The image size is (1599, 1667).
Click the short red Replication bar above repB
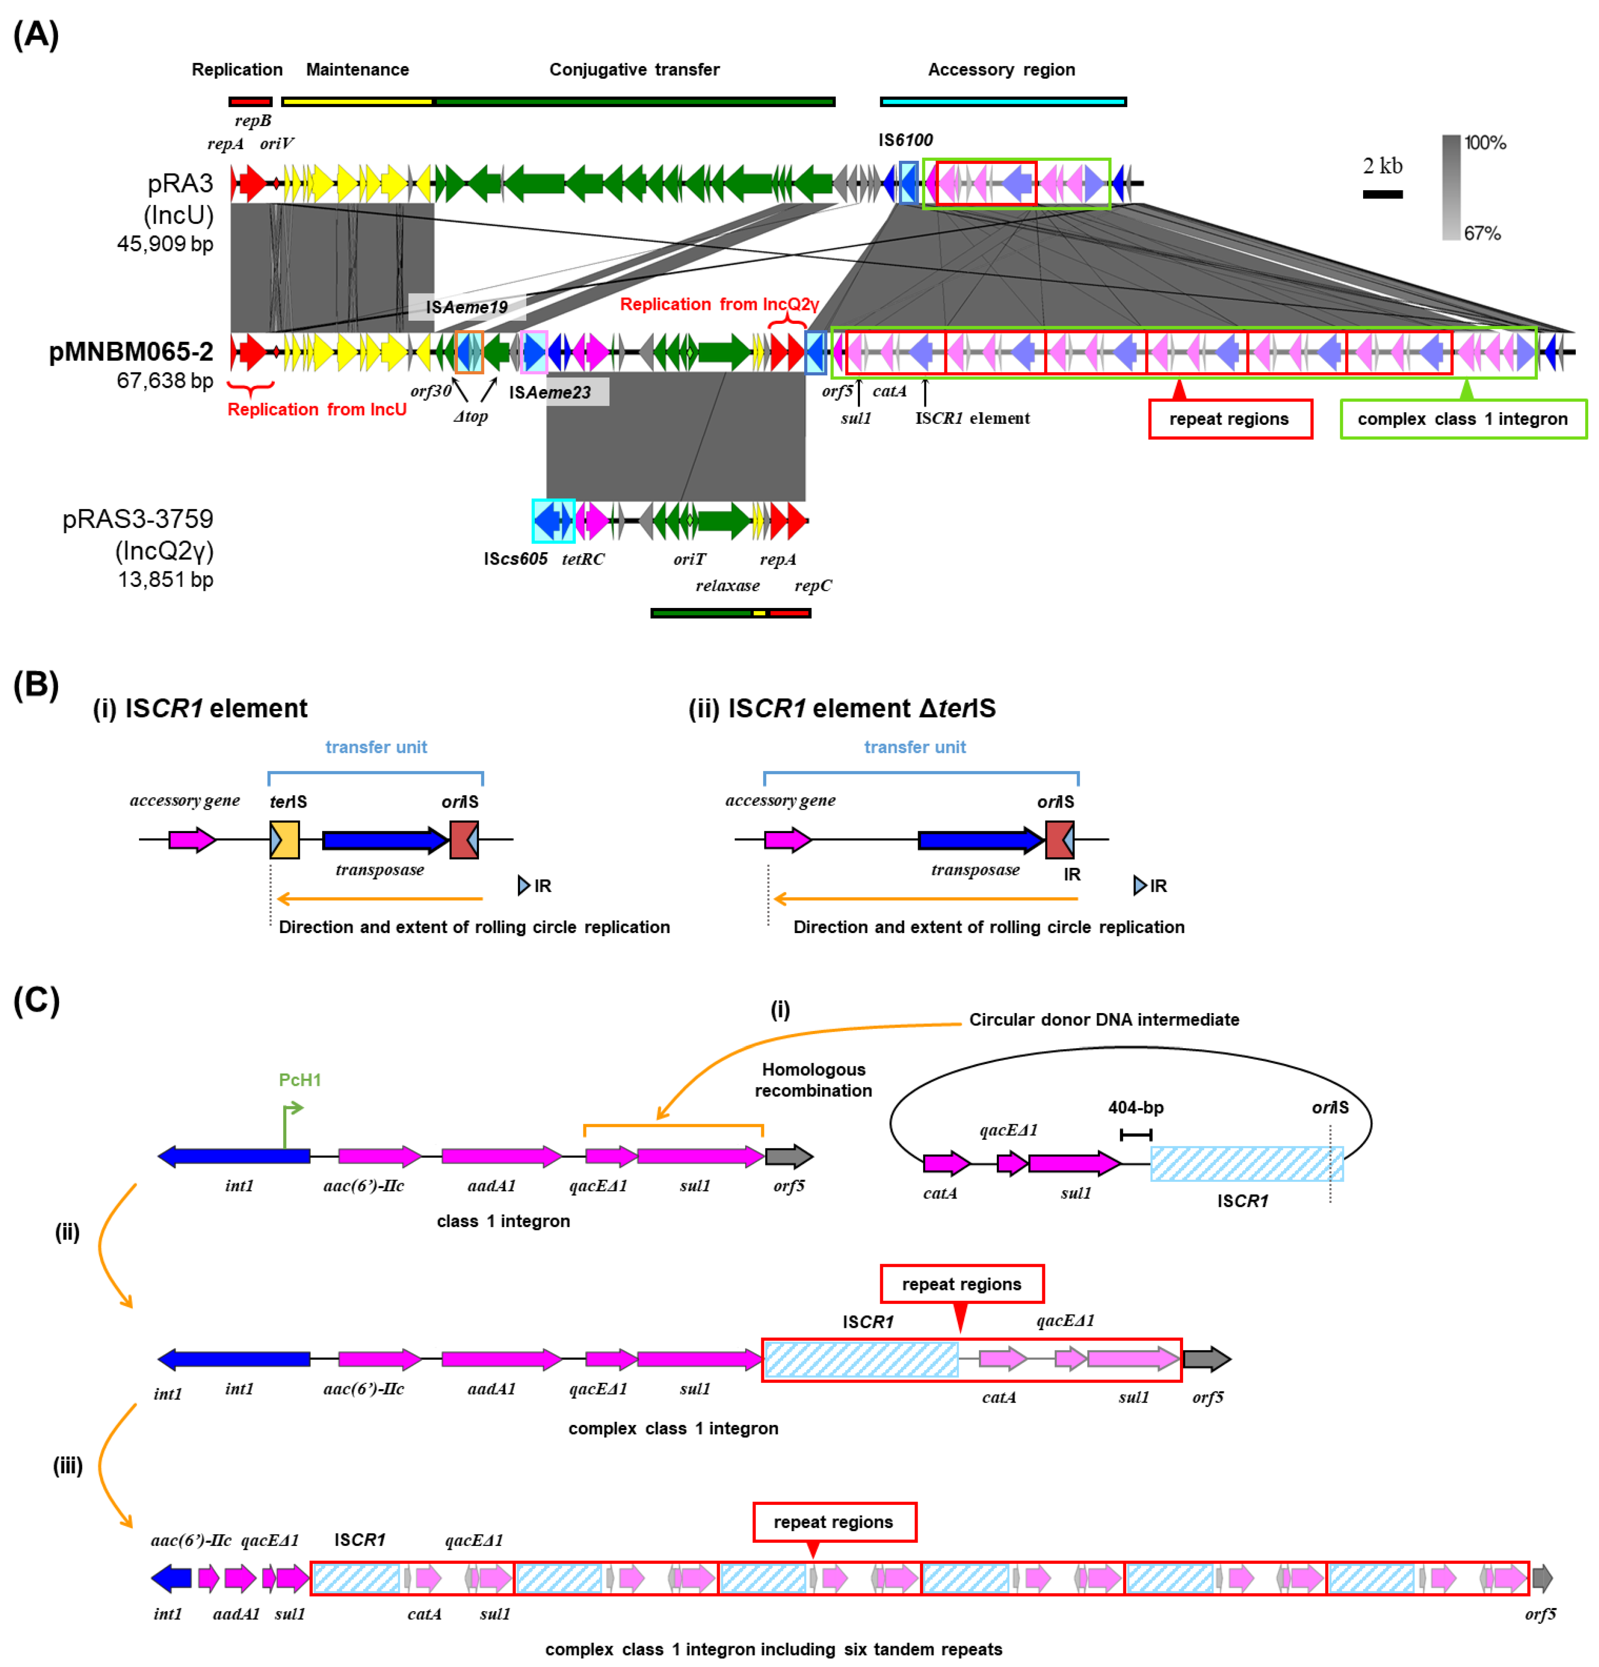coord(250,101)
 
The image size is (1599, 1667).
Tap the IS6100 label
coord(905,139)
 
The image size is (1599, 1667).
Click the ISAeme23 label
coord(550,392)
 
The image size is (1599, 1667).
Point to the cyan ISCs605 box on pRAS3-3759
coord(553,520)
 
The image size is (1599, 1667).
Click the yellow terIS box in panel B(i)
coord(284,839)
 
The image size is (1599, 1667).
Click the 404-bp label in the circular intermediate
coord(1135,1107)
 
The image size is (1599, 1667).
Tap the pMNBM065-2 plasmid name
coord(131,351)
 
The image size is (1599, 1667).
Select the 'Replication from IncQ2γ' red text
coord(719,305)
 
